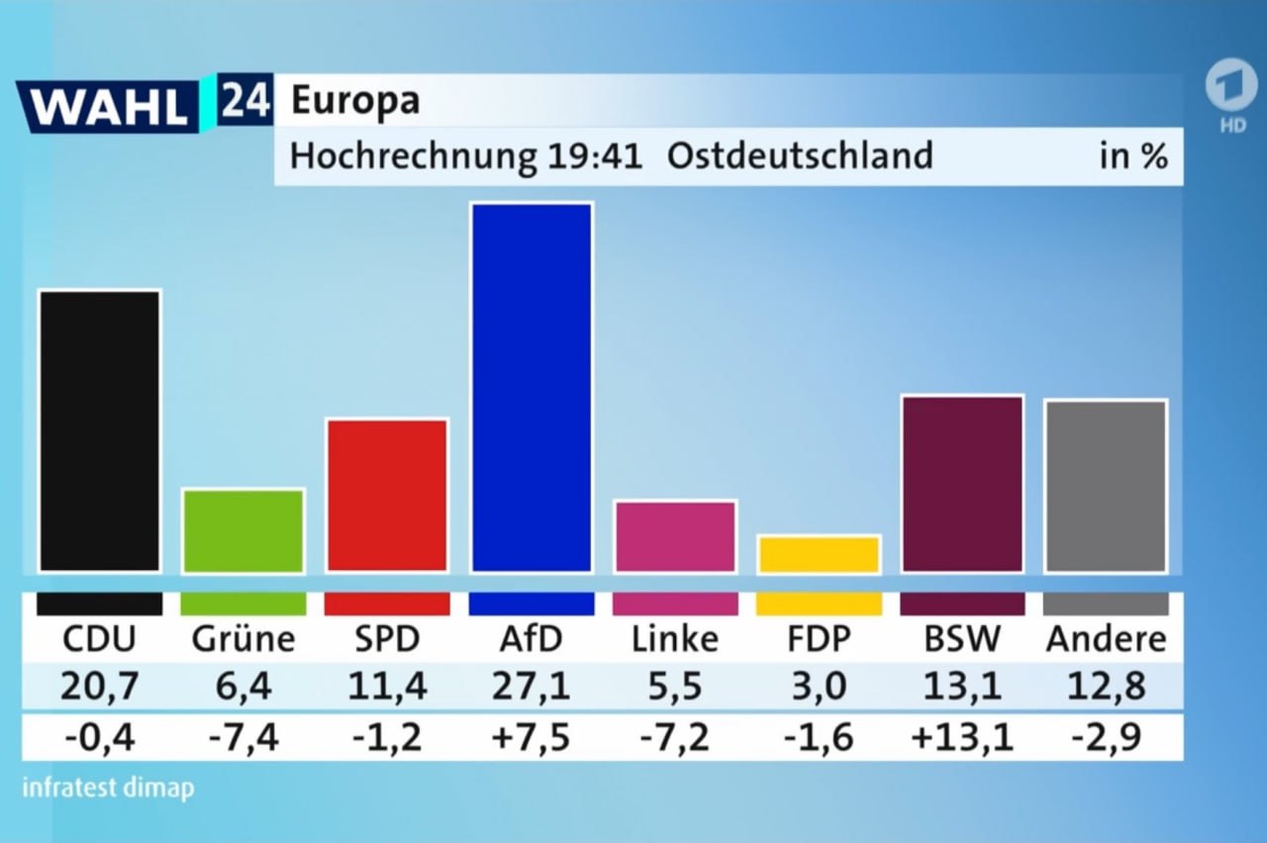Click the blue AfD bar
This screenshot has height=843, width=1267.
coord(533,387)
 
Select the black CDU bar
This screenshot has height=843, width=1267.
coord(99,430)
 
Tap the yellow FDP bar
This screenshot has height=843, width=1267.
coord(819,554)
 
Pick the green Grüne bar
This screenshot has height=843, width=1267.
coord(244,530)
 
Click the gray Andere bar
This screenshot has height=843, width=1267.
coord(1106,486)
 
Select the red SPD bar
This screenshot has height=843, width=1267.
coord(387,495)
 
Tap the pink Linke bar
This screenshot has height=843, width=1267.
coord(675,536)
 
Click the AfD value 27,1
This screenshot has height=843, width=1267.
coord(534,686)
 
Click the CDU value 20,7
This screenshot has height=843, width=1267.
coord(99,686)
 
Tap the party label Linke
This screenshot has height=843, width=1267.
coord(675,639)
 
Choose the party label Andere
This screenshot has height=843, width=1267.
coord(1106,639)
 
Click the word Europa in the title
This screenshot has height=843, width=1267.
coord(355,100)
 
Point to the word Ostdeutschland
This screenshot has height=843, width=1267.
coord(800,156)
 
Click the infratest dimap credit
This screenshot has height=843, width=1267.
coord(108,789)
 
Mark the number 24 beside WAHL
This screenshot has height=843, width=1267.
coord(244,101)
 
